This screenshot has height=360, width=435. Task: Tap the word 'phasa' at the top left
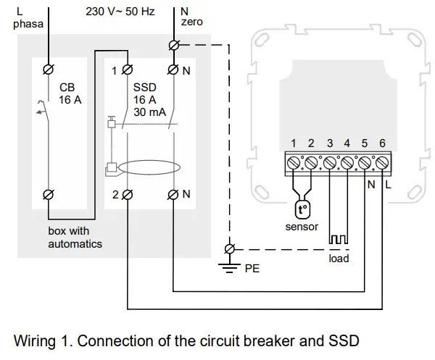pyautogui.click(x=29, y=24)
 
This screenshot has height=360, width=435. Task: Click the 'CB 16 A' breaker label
pyautogui.click(x=70, y=93)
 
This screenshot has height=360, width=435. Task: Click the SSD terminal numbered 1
pyautogui.click(x=128, y=70)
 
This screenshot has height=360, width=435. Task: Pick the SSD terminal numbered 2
pyautogui.click(x=128, y=194)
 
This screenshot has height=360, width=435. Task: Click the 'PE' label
pyautogui.click(x=252, y=268)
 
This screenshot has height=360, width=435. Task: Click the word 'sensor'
pyautogui.click(x=302, y=227)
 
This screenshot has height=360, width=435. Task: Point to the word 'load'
pyautogui.click(x=339, y=258)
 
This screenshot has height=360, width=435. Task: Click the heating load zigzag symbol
pyautogui.click(x=339, y=240)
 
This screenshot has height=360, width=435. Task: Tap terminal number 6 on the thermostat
pyautogui.click(x=382, y=163)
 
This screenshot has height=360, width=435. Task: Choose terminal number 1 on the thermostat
pyautogui.click(x=294, y=163)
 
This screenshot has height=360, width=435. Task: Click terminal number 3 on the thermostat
pyautogui.click(x=329, y=163)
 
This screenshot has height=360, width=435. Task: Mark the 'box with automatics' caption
pyautogui.click(x=75, y=237)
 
